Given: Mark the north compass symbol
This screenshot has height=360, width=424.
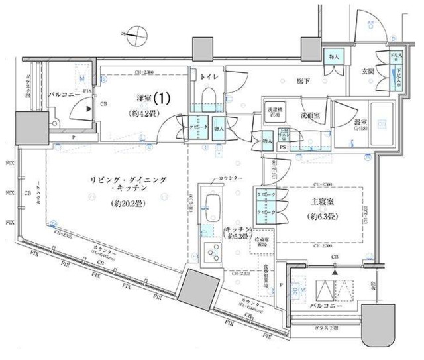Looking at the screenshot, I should [x=134, y=29].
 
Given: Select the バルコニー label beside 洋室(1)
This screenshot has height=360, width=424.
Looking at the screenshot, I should [x=65, y=95].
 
